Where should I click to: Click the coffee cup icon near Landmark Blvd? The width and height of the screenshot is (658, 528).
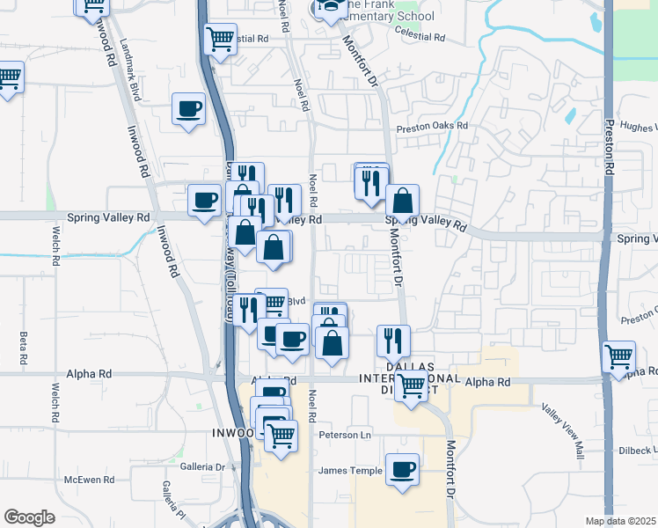pos(188,109)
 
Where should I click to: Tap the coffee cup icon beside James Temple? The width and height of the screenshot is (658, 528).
pos(402,469)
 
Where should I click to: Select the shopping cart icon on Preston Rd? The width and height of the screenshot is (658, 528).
pos(618,357)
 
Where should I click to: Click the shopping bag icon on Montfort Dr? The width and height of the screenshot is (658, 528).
pos(402,201)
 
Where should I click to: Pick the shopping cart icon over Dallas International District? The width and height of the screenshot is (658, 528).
pos(411,385)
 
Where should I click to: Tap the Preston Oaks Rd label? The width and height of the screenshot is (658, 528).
pos(431,126)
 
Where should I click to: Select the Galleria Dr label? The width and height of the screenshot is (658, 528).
pos(202,466)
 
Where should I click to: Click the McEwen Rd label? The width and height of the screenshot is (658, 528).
pos(90,480)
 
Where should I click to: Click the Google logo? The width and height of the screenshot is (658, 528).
pos(29,517)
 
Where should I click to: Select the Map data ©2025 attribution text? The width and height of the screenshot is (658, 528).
pos(620,521)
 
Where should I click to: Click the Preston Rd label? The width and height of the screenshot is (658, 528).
pos(609,146)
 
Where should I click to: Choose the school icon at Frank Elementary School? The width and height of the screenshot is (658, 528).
pos(330,9)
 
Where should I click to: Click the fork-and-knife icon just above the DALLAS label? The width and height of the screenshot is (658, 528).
pos(393,341)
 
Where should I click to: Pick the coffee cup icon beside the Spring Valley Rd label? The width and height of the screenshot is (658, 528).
pos(205,202)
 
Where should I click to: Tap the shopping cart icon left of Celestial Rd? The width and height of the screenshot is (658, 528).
pos(220,39)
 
